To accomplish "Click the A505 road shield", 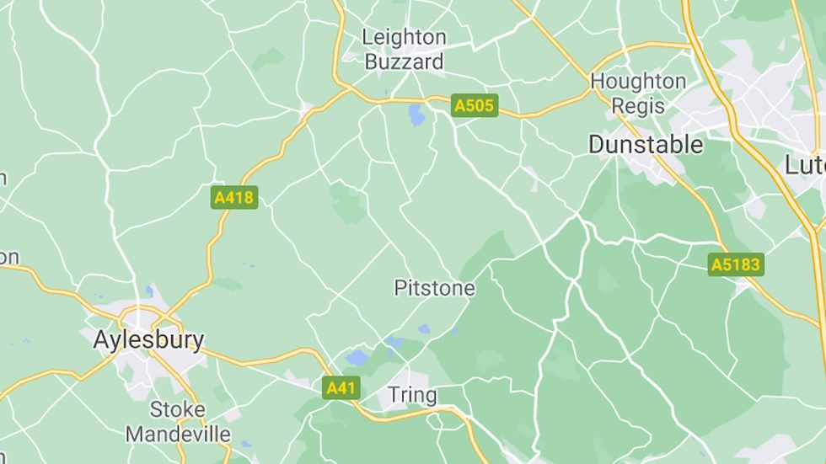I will (x=475, y=105).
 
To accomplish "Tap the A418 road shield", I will (x=234, y=198).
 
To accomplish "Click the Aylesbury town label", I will (x=148, y=340).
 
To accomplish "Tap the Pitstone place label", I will (x=434, y=288).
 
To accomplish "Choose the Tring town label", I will (x=412, y=395).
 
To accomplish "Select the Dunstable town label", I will (x=646, y=145).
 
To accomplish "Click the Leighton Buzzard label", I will (x=403, y=50).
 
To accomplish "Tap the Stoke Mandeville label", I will (x=178, y=422).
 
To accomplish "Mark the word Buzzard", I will (x=403, y=62).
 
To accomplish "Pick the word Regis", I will (x=639, y=107).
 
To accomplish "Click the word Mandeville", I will (x=178, y=435).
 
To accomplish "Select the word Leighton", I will (x=404, y=37).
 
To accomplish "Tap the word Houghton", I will (x=638, y=82).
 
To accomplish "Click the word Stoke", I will (x=178, y=410).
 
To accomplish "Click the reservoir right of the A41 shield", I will (x=357, y=358).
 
